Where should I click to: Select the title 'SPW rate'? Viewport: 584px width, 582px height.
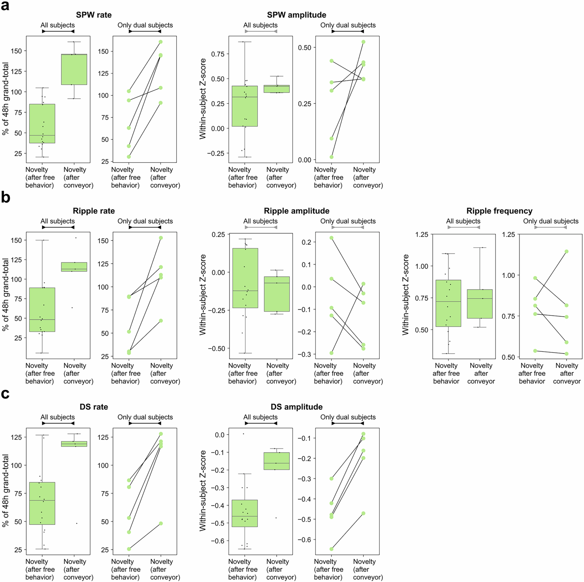tap(94, 15)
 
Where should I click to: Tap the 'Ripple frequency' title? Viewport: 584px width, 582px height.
tap(499, 211)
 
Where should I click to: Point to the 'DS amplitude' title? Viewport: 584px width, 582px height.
tap(297, 407)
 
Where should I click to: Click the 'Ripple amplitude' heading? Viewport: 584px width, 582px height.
tap(297, 211)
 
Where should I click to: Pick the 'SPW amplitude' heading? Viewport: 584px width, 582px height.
tap(297, 15)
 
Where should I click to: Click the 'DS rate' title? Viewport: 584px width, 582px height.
tap(94, 407)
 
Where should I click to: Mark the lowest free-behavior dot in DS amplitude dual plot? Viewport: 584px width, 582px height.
tap(332, 549)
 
